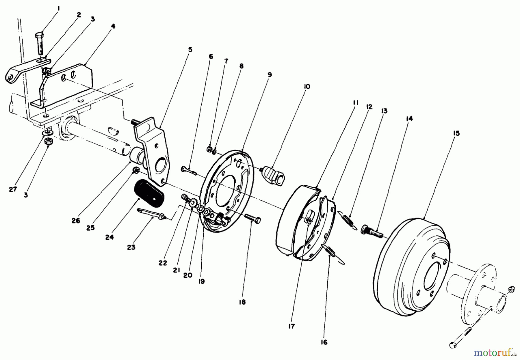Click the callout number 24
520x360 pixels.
(109, 237)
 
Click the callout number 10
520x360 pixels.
(307, 86)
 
